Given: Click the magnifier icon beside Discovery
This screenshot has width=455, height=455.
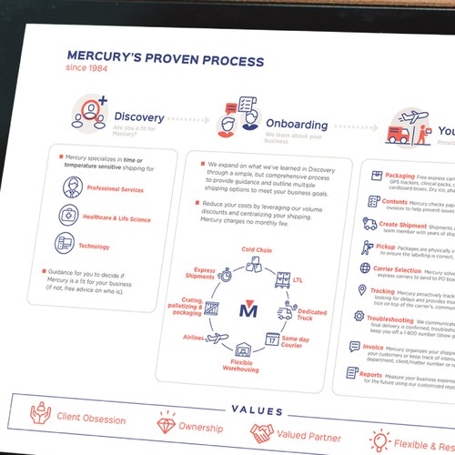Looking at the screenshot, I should coord(86,115).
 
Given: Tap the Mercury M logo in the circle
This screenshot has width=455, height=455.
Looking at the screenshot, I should coord(248,309).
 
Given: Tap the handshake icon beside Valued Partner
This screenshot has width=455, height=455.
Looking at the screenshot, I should coord(263,432).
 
